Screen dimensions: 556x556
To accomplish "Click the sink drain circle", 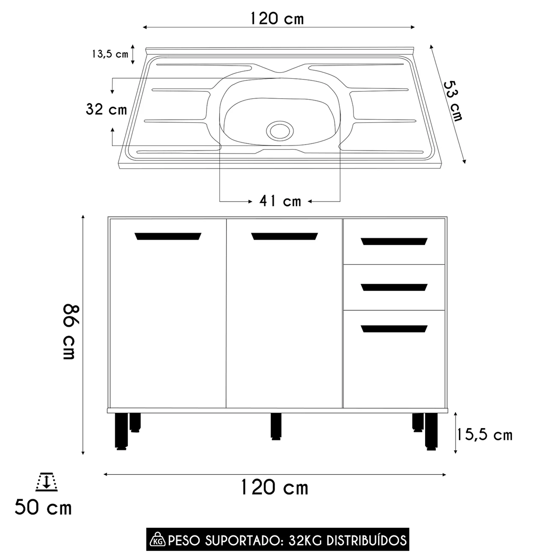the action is pyautogui.click(x=280, y=130).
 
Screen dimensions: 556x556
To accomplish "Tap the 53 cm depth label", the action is pyautogui.click(x=453, y=101).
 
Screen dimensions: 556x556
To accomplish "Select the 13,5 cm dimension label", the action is pyautogui.click(x=110, y=54).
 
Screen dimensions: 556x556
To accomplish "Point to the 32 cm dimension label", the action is pyautogui.click(x=106, y=109).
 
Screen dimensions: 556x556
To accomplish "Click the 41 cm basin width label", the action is pyautogui.click(x=280, y=201).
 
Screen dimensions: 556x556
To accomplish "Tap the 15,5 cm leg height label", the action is pyautogui.click(x=484, y=435).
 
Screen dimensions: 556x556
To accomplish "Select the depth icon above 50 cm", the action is pyautogui.click(x=47, y=482).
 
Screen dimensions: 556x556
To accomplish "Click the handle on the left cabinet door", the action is pyautogui.click(x=168, y=236).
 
